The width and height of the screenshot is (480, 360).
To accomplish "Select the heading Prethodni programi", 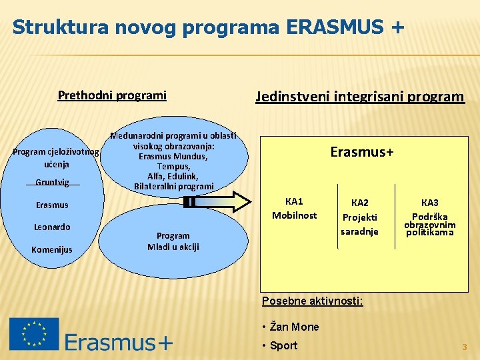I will click(x=112, y=95).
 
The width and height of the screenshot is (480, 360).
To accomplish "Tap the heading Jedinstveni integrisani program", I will click(x=359, y=96).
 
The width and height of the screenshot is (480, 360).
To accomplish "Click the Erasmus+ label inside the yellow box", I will click(x=362, y=152).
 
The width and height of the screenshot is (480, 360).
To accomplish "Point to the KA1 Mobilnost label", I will click(x=294, y=208).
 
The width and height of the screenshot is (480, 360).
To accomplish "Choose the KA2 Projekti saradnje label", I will click(x=359, y=217).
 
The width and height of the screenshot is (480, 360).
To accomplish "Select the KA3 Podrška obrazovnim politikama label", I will click(x=430, y=217).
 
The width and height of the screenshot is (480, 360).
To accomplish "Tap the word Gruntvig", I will click(x=53, y=182).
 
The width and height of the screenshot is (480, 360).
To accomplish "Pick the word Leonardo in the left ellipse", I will click(x=52, y=227).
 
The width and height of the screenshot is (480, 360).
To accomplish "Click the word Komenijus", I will click(x=52, y=249).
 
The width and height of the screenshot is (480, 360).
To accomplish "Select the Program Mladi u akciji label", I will click(x=173, y=241).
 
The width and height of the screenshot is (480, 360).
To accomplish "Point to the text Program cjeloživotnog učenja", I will click(x=56, y=157).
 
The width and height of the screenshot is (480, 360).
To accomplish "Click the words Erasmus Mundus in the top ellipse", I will click(x=173, y=156).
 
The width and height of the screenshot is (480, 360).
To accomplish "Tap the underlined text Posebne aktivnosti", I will click(x=312, y=301).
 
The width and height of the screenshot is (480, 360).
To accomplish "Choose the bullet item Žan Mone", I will click(x=294, y=327).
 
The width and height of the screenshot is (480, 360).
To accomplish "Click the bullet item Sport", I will click(x=283, y=345).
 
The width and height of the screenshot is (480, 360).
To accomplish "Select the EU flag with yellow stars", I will click(x=34, y=333).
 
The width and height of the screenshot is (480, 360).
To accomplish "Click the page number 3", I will click(x=465, y=347).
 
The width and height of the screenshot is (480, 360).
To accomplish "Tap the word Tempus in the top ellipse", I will click(x=173, y=166).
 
